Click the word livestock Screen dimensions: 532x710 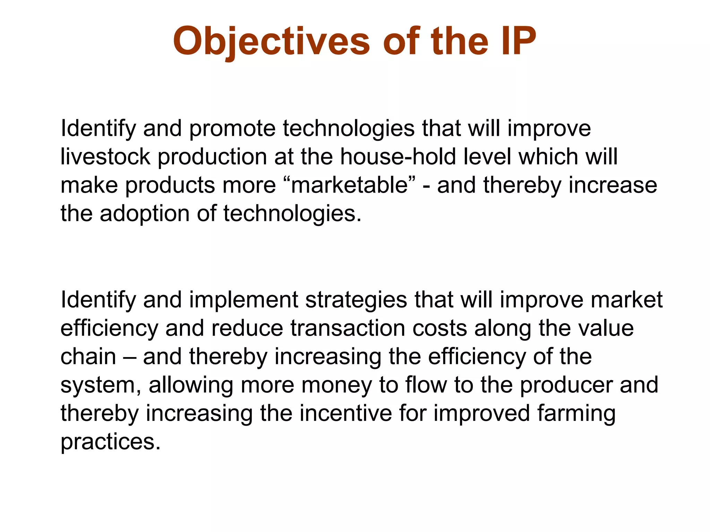[105, 157]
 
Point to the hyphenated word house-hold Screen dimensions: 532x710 [398, 157]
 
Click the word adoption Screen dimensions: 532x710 [145, 214]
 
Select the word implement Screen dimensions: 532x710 [243, 300]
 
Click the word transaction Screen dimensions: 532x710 [348, 328]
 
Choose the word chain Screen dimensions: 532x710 [88, 357]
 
